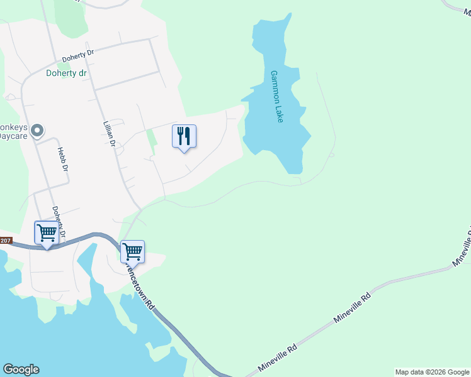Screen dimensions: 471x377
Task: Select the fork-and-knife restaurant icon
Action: (184, 136)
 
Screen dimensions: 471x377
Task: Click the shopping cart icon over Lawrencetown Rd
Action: (132, 252)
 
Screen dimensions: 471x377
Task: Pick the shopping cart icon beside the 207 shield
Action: (47, 232)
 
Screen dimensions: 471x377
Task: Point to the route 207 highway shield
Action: (5, 241)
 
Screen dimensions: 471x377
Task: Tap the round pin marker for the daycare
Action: (37, 131)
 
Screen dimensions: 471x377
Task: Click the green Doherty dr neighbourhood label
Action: (66, 73)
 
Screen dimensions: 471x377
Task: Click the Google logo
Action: (21, 369)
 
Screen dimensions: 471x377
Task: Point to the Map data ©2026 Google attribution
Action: (432, 372)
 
